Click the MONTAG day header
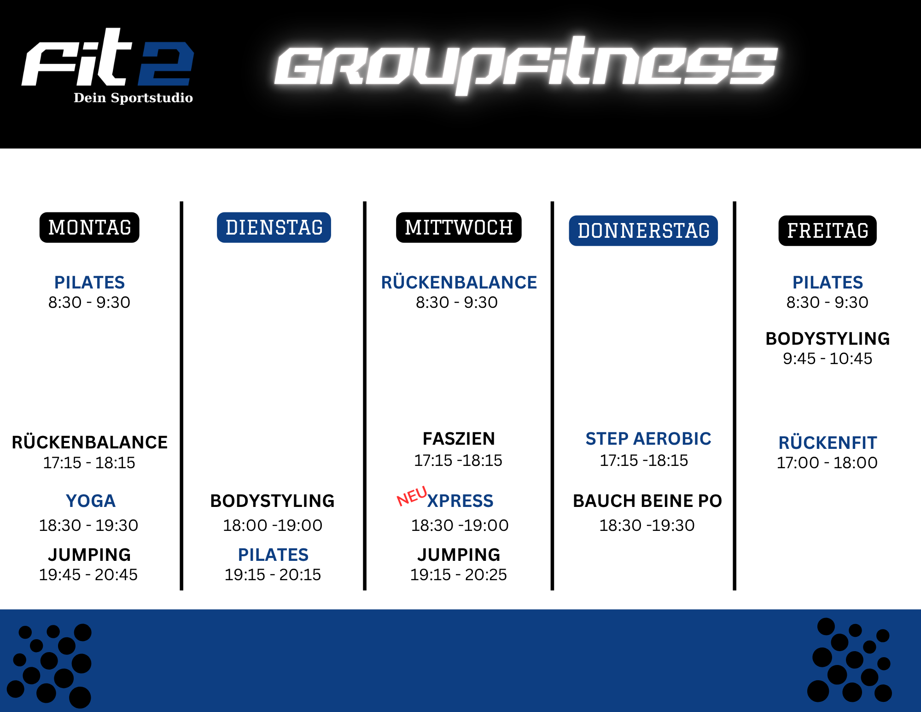point(89,227)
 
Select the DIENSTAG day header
point(274,227)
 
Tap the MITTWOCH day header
point(459,227)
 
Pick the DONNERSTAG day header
point(643,230)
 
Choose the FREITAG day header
point(828,230)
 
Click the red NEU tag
point(412,496)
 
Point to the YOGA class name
point(91,501)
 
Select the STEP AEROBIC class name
point(648,439)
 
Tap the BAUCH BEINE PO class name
point(647,501)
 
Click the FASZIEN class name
point(459,439)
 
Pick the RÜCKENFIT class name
point(828,442)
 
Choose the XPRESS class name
point(460,501)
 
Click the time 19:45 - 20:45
point(88,575)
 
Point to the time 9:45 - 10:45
point(828,359)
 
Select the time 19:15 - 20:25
point(459,575)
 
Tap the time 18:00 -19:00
point(273,525)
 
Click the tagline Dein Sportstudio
point(133,98)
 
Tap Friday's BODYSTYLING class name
point(828,339)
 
